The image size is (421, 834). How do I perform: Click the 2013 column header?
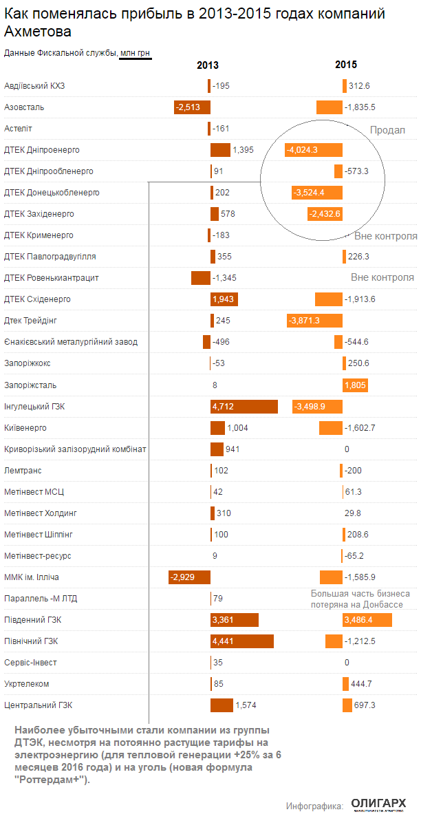208,65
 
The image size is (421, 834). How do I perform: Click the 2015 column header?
346,65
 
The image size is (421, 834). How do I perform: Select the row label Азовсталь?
24,107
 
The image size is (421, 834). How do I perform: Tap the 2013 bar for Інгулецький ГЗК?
244,407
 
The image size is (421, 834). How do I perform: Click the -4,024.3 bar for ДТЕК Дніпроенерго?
314,150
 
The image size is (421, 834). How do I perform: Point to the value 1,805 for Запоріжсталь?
355,385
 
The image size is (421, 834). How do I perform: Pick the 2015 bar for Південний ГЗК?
367,620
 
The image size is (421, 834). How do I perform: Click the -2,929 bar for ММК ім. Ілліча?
190,577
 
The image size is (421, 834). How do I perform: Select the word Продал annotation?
387,130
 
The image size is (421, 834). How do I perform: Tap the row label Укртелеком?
27,684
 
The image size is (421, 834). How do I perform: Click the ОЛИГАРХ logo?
378,804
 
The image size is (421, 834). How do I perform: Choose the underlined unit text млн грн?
136,53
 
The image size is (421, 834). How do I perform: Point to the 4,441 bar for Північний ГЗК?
242,641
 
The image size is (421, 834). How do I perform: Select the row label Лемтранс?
23,471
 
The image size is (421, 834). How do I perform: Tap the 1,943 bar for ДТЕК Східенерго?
224,299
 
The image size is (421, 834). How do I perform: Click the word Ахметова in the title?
37,32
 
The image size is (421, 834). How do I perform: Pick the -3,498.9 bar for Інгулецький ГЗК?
318,407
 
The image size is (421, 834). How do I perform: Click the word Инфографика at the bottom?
314,805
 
